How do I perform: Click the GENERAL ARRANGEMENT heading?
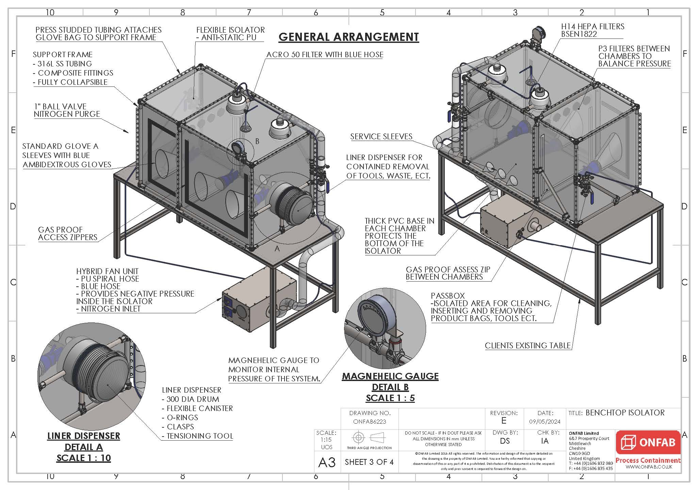348,37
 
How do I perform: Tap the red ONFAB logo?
648,443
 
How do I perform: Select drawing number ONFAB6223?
370,422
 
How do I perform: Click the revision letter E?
504,421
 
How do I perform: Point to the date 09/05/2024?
545,422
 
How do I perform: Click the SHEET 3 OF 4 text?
369,462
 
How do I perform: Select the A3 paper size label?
327,462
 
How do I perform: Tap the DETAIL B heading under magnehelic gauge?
390,387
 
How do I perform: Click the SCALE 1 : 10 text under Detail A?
84,458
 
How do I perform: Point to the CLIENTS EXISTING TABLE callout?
527,346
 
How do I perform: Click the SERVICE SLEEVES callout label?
381,137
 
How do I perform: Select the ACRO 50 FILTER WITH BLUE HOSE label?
325,55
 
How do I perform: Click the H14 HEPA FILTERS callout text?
593,27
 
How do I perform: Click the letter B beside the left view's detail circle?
257,141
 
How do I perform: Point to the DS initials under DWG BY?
505,441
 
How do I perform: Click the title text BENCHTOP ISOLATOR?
625,413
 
